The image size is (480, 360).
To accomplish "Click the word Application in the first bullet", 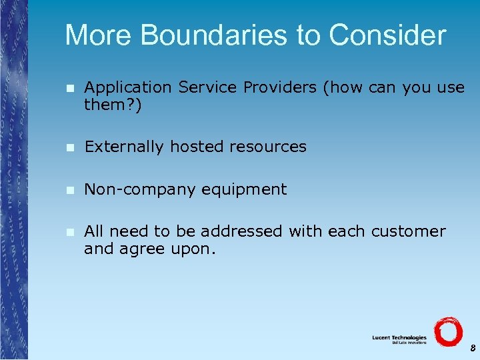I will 128,87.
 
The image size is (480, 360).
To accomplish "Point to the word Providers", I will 281,87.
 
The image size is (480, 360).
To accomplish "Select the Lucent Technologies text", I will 399,338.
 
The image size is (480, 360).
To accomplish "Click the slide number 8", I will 471,348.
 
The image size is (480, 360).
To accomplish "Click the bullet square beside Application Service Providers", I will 69,88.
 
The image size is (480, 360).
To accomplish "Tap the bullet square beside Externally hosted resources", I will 69,147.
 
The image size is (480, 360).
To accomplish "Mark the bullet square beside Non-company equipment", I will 69,190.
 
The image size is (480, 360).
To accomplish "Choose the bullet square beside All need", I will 69,232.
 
